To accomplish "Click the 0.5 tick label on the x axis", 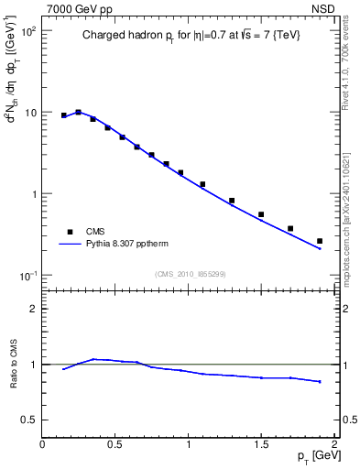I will click(x=115, y=444).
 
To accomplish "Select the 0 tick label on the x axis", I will click(x=42, y=444).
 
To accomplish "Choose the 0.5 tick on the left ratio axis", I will click(x=28, y=420).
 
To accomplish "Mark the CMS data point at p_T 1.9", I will click(x=320, y=241).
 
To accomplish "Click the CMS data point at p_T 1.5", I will click(x=261, y=214).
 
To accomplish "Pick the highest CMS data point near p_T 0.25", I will click(x=79, y=112).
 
